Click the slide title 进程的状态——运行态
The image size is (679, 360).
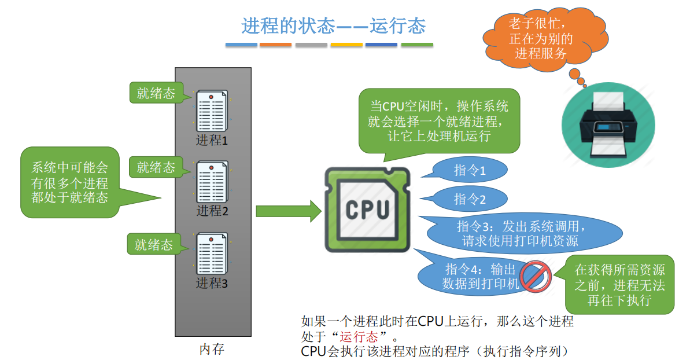[334, 25]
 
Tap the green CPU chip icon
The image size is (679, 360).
[367, 210]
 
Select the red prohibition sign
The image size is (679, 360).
[536, 275]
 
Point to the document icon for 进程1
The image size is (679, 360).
[211, 111]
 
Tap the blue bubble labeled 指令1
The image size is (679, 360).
[470, 170]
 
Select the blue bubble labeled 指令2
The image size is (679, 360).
[470, 199]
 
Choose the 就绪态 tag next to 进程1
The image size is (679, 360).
[156, 93]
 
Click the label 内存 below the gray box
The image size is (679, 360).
[212, 349]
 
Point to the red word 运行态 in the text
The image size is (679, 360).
[359, 336]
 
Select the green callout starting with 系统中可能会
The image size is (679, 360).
[70, 183]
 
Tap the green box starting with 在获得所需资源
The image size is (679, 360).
[619, 285]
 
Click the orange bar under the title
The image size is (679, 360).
[276, 45]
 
